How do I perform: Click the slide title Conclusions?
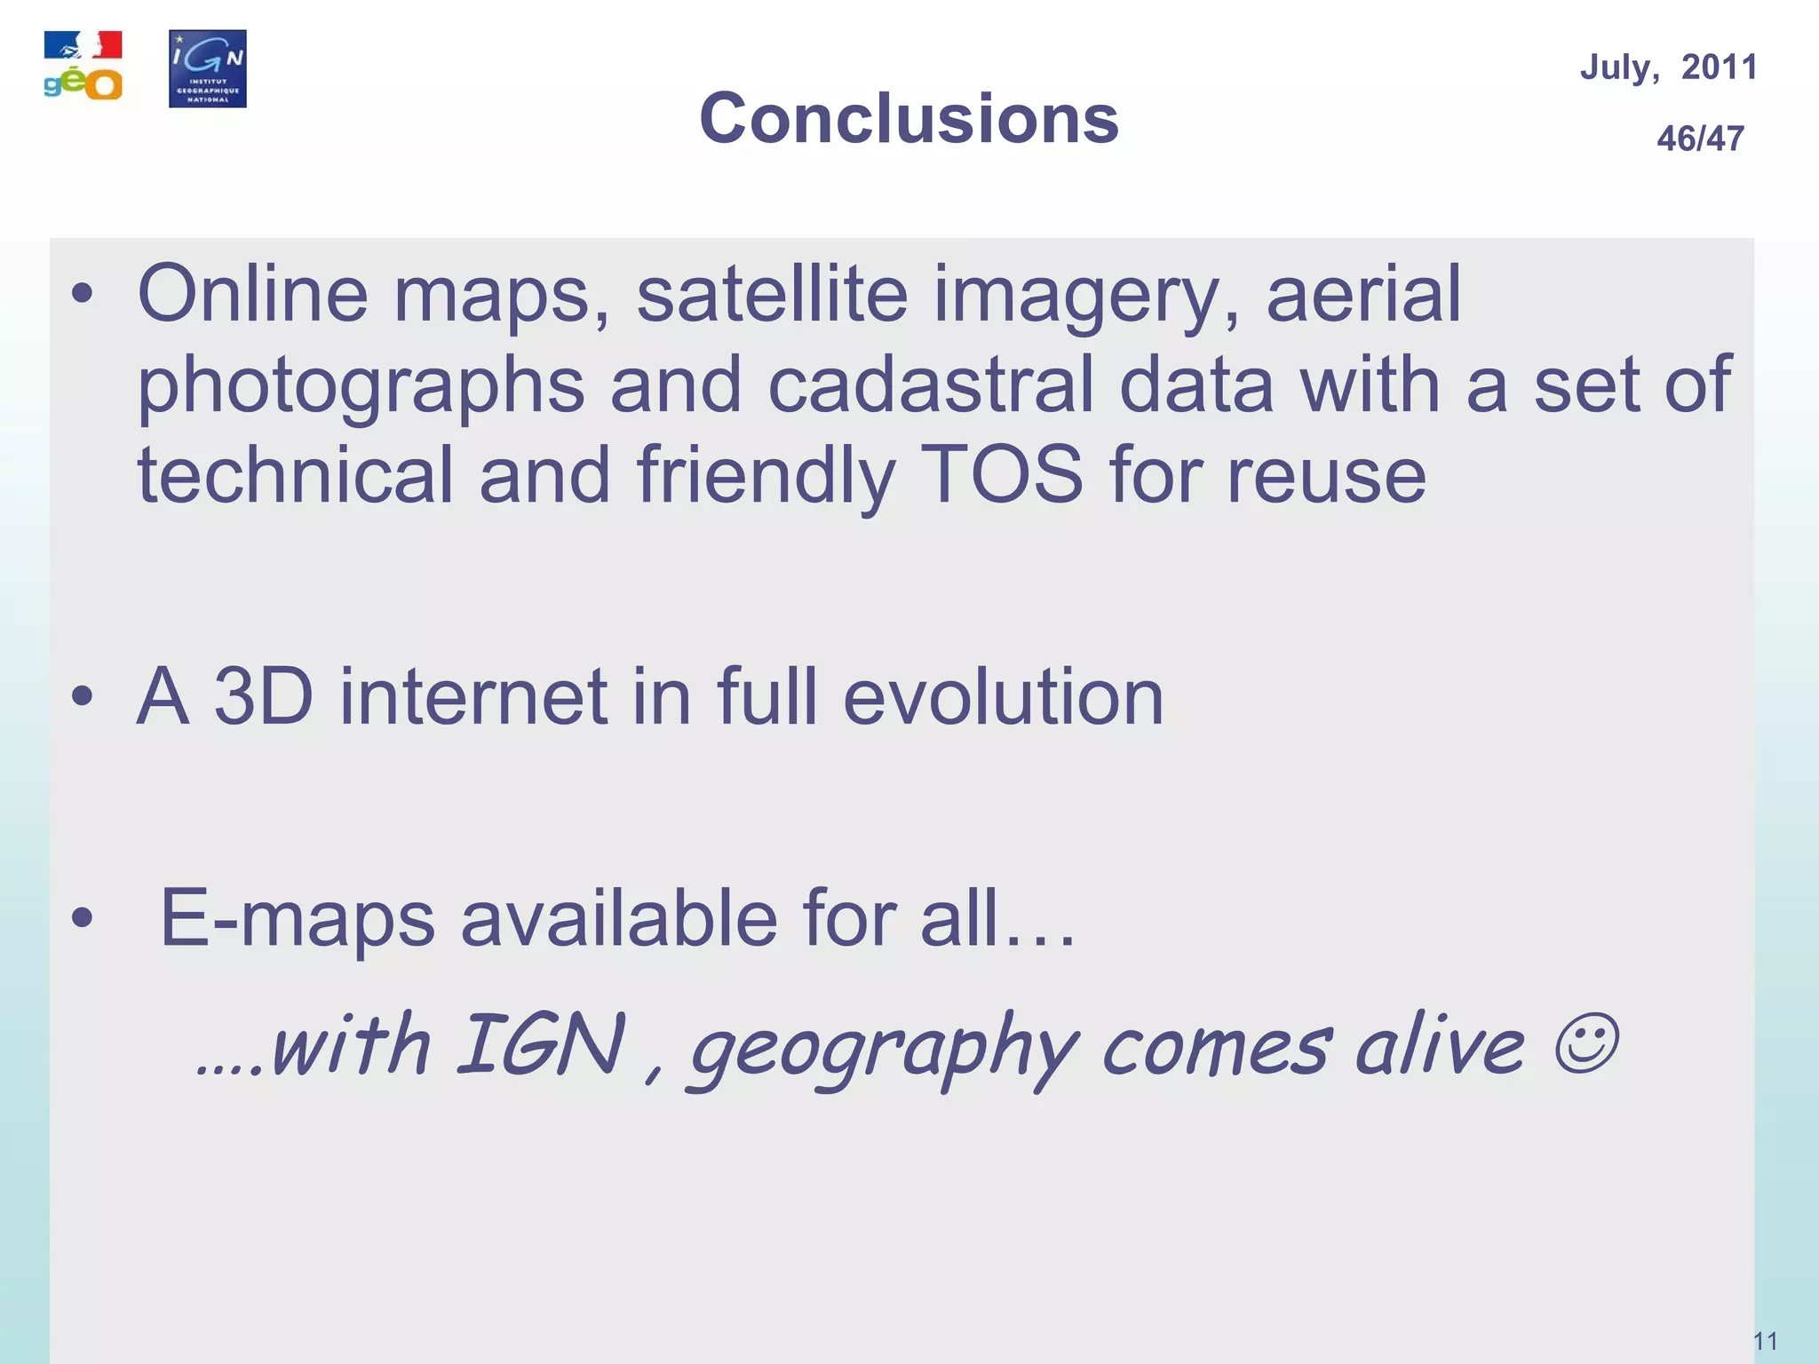(x=909, y=118)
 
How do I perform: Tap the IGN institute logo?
(x=208, y=68)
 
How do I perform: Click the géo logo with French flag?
(x=83, y=67)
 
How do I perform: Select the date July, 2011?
(x=1668, y=67)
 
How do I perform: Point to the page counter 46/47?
(x=1700, y=139)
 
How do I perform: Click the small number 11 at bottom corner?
(x=1765, y=1341)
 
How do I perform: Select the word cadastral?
(x=930, y=385)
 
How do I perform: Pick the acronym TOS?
(x=1001, y=474)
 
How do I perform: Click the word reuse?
(x=1326, y=476)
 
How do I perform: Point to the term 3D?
(x=264, y=696)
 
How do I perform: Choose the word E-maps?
(x=298, y=918)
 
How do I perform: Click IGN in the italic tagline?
(x=541, y=1044)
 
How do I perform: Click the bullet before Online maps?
(x=83, y=295)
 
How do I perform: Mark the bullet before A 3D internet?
(x=83, y=697)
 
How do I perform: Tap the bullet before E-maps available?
(x=83, y=919)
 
